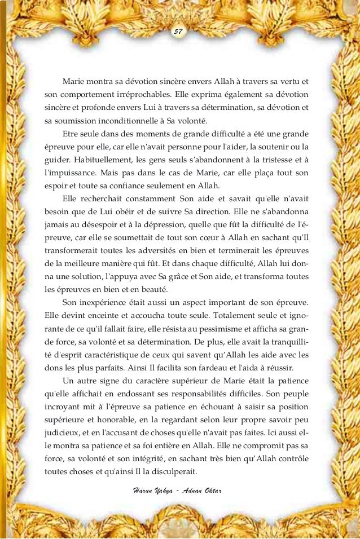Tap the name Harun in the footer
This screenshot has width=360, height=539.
coord(139,485)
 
